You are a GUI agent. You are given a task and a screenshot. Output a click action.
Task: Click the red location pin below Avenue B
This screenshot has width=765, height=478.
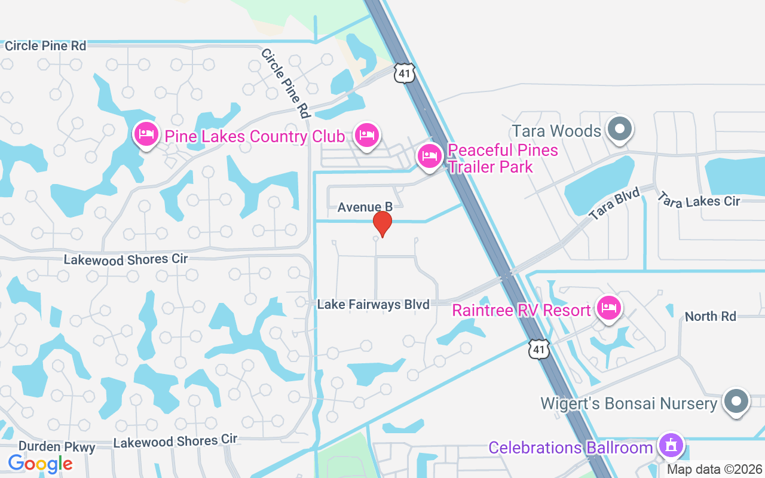[x=382, y=223]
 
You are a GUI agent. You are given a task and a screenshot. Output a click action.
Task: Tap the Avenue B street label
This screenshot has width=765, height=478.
[x=365, y=207]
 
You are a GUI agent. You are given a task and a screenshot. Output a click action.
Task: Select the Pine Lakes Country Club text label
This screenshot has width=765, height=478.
[x=255, y=136]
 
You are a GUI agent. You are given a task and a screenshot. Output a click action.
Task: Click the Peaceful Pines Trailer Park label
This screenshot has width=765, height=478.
[x=502, y=158]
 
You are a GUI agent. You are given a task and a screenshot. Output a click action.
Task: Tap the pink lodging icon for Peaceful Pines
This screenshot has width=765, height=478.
[x=429, y=156]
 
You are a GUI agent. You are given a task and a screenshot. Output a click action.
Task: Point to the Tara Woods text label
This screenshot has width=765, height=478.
[x=556, y=131]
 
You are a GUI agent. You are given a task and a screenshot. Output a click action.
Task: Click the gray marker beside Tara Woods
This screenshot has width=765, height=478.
[x=620, y=128]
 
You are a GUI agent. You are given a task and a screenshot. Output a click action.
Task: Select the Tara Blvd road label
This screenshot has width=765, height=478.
[x=614, y=204]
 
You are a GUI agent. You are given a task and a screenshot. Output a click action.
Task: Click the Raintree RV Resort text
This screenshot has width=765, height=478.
[x=521, y=311]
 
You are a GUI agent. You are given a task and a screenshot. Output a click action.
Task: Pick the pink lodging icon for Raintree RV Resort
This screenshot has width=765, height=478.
[x=608, y=308]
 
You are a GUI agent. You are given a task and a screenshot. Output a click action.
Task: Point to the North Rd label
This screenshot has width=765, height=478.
[x=710, y=316]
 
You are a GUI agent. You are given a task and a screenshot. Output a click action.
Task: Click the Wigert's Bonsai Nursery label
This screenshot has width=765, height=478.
[x=629, y=403]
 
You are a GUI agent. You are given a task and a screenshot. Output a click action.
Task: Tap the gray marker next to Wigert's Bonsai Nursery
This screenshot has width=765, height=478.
[x=736, y=401]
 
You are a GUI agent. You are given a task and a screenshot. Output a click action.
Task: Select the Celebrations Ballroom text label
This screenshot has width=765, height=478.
[x=570, y=448]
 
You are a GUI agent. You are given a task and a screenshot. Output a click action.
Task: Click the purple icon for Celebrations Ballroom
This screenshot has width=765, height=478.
[x=671, y=445]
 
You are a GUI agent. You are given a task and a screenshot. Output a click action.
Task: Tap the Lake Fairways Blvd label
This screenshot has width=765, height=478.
[x=373, y=305]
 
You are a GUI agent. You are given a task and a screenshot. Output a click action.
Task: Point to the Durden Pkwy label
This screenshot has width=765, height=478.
[x=57, y=446]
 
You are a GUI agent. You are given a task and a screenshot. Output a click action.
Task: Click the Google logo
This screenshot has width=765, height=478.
[x=40, y=463]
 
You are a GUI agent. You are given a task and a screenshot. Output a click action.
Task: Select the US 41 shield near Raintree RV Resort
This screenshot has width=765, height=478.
[x=538, y=350]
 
